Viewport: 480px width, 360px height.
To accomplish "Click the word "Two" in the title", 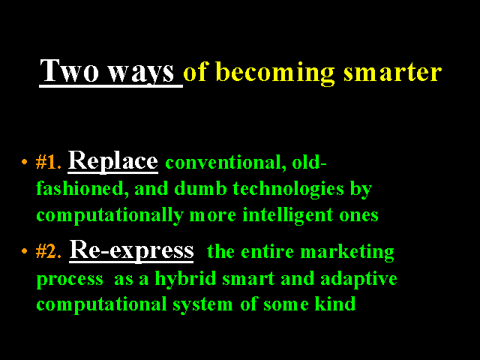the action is tap(70, 70).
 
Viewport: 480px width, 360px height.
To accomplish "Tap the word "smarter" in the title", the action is tap(393, 73).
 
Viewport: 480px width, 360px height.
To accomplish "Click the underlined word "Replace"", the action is tap(113, 161).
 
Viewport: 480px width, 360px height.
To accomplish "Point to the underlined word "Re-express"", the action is tap(132, 250).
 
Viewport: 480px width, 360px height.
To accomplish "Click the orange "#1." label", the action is tap(48, 162).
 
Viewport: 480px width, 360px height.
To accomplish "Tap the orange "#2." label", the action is tap(48, 251).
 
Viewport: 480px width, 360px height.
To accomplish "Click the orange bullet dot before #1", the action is tap(25, 162).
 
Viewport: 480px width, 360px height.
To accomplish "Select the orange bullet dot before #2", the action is tap(25, 251).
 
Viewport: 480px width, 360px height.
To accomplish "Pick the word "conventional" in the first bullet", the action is tap(223, 163).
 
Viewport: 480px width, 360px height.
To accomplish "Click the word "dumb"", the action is tap(200, 188).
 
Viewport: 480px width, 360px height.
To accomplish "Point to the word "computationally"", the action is tap(110, 216).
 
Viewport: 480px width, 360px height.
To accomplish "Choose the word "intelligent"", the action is tap(288, 216).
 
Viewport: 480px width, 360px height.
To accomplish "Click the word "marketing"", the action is tap(347, 253).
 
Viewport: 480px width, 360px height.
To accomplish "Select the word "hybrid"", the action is tap(185, 278).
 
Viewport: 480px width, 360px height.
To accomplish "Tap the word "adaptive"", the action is tap(358, 279).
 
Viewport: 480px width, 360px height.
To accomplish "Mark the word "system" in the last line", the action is tap(202, 305).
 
